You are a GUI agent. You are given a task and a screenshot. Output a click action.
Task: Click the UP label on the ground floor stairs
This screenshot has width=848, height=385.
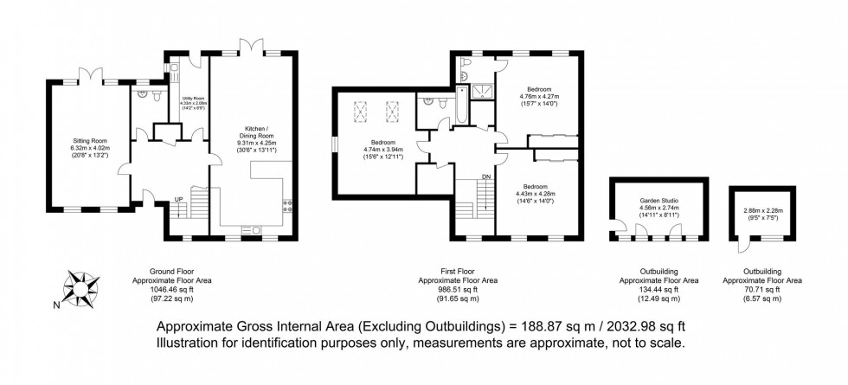pos(180,198)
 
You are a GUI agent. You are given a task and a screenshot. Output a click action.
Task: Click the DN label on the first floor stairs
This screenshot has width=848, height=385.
pos(487,176)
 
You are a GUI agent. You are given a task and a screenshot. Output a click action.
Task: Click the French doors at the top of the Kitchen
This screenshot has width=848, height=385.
pos(250,43)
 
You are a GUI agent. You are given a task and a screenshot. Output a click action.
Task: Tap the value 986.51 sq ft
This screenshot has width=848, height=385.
pos(458,290)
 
